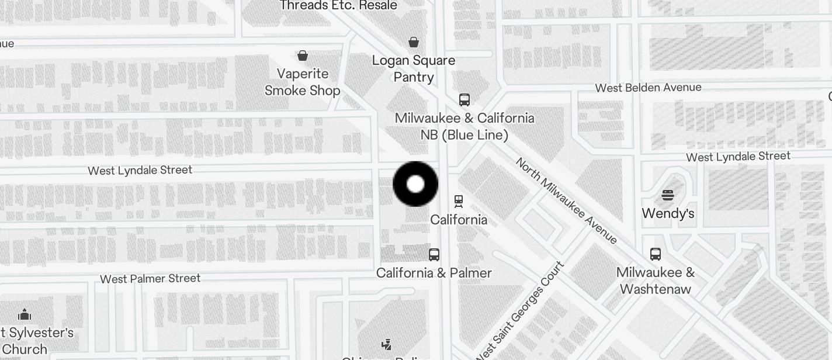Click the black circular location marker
(x=415, y=184)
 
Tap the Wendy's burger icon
(x=668, y=195)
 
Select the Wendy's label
(x=668, y=213)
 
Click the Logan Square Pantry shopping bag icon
(x=414, y=41)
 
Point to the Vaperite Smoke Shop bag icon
(x=303, y=56)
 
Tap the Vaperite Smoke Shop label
(x=302, y=82)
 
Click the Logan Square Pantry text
(x=414, y=68)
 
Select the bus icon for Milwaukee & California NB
(x=464, y=99)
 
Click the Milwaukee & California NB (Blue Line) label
(x=464, y=126)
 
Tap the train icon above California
(x=459, y=201)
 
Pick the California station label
(x=459, y=220)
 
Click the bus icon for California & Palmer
(x=434, y=254)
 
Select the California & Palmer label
(x=434, y=273)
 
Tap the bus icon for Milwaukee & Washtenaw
(x=656, y=254)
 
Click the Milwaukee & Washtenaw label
(x=656, y=281)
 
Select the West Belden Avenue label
(x=648, y=88)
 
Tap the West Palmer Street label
(x=150, y=279)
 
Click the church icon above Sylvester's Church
(x=25, y=315)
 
